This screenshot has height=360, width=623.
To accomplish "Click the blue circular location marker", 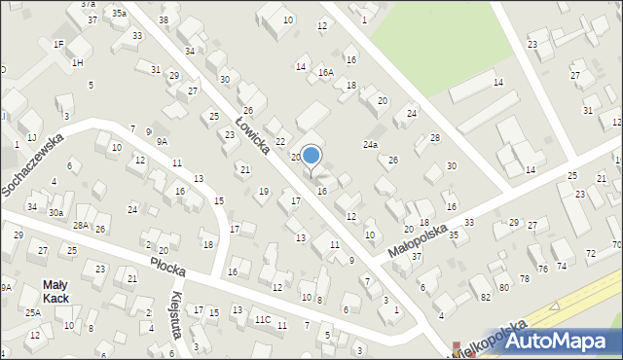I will coord(311,155).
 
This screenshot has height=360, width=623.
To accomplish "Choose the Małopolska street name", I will coord(416,236).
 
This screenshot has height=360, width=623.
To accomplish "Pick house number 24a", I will coord(371,144).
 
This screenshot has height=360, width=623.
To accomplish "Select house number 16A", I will coord(325,72).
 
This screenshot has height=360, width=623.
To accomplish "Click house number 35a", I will coord(119,14).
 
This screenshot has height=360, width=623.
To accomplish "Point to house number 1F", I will coord(58,44).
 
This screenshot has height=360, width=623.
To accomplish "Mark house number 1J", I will coord(31,137).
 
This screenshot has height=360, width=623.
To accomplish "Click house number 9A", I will coord(162,141).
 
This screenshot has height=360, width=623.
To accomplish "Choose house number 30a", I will coord(55,213).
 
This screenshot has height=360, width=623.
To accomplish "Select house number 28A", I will coord(80,226).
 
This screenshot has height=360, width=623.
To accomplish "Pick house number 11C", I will coord(262,319).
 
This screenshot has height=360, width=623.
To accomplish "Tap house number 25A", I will coord(32,312).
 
